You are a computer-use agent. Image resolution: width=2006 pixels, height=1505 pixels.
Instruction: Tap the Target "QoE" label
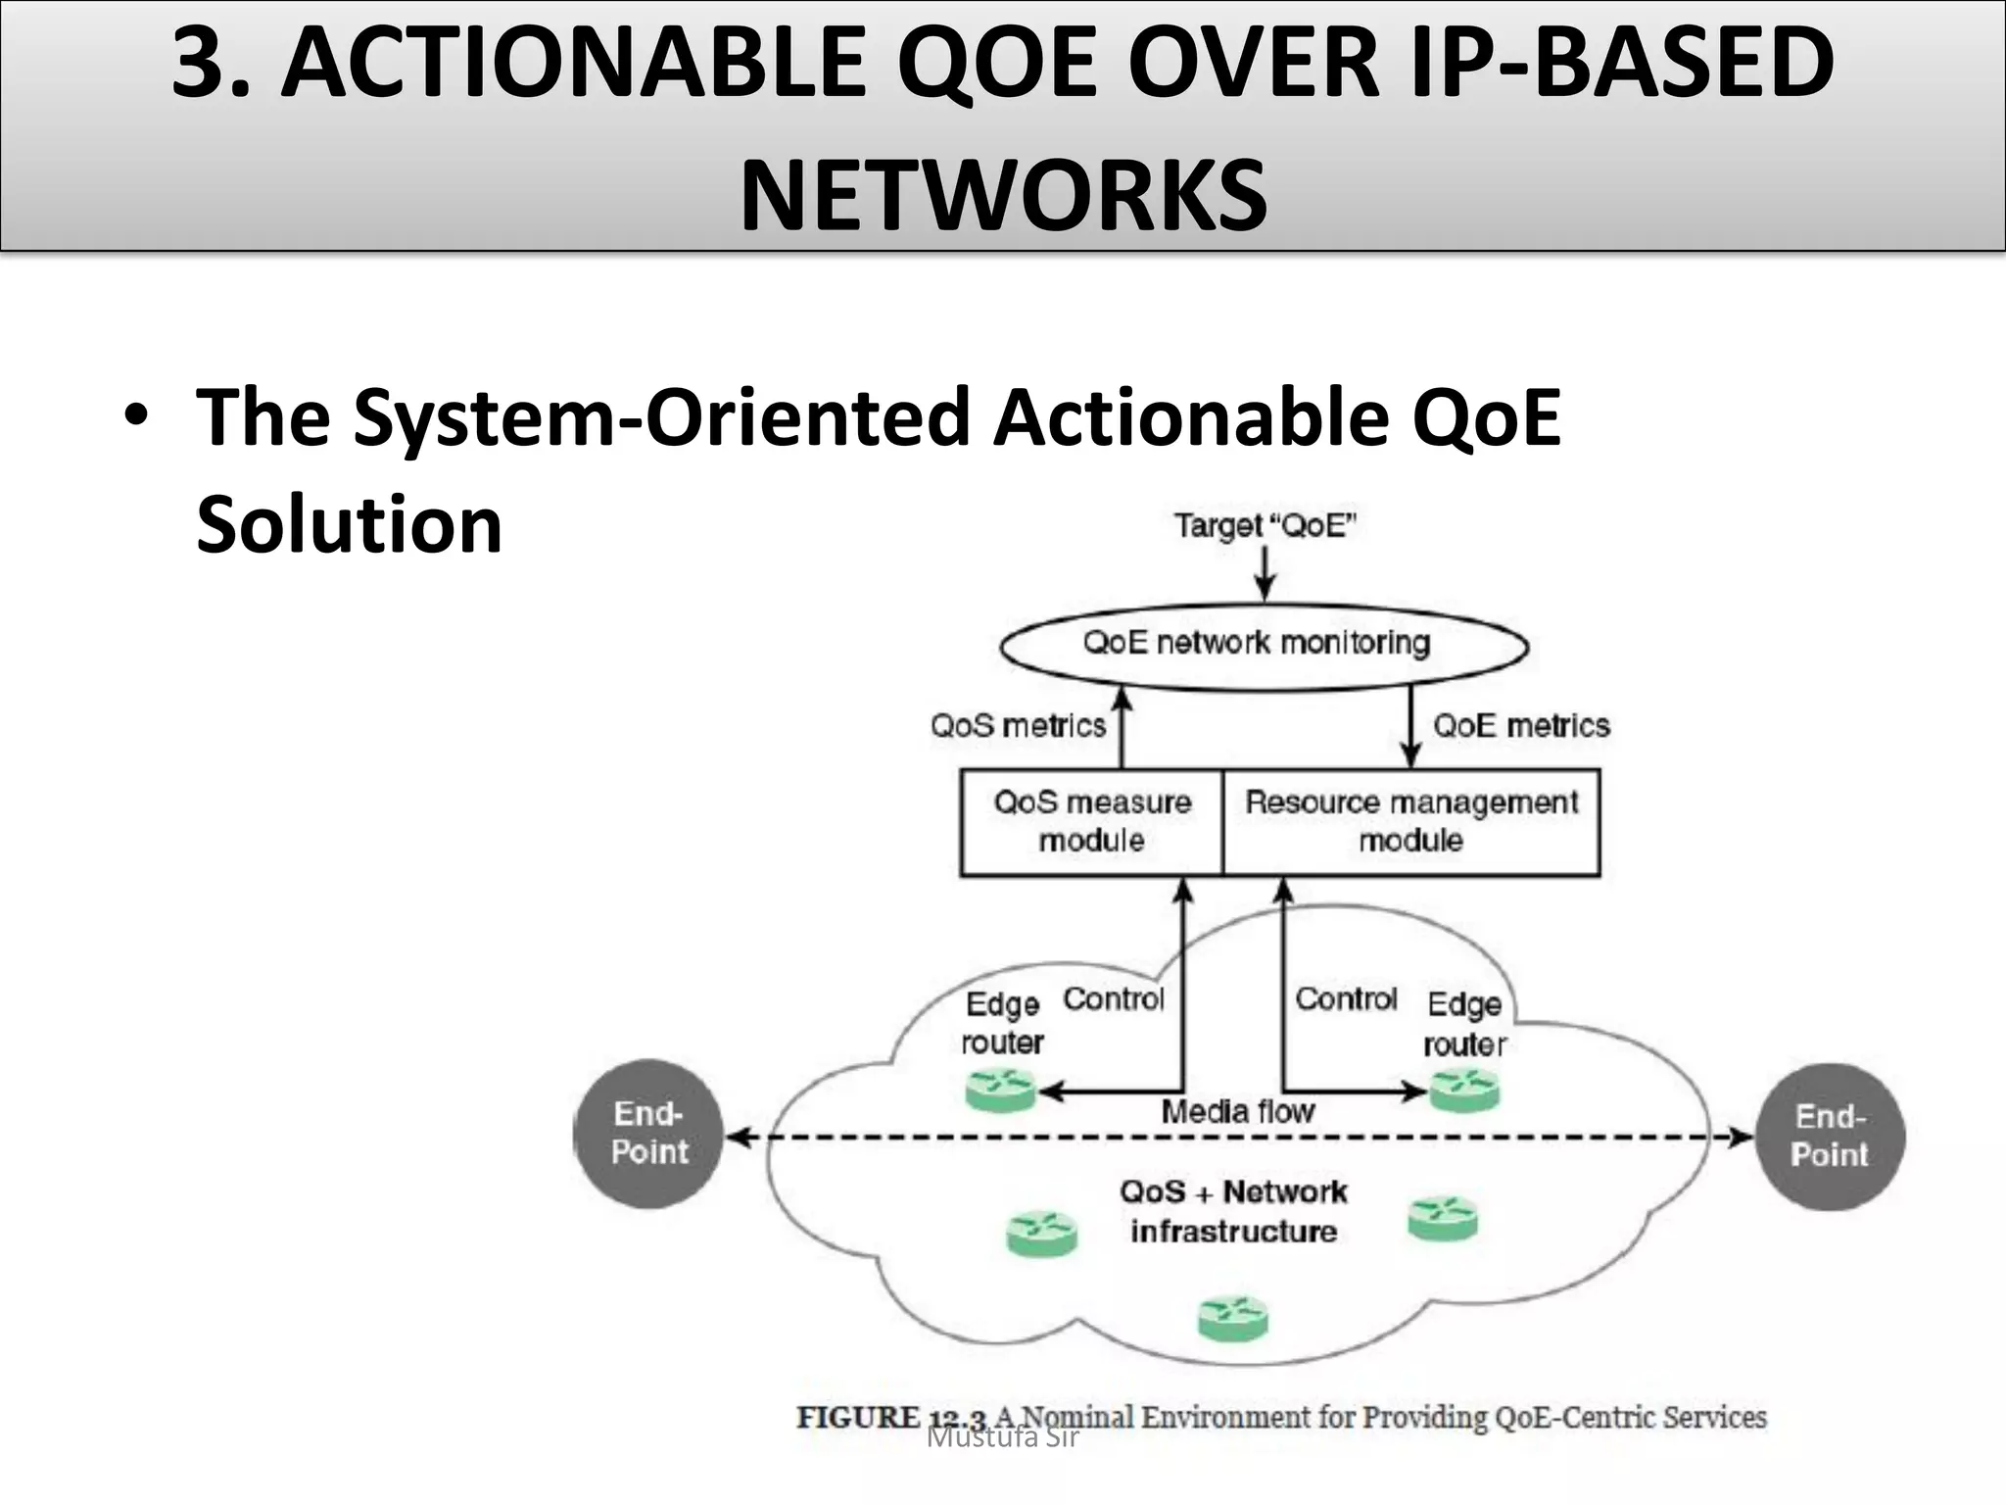point(1265,526)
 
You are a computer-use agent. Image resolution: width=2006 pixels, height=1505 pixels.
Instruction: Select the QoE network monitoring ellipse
point(1263,646)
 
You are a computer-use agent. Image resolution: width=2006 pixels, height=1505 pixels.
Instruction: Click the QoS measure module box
point(1092,822)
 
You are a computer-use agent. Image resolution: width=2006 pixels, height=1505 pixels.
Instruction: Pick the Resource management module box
point(1410,822)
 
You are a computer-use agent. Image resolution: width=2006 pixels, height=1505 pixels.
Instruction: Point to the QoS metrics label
point(1018,726)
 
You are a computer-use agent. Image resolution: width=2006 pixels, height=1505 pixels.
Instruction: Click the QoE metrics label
point(1521,726)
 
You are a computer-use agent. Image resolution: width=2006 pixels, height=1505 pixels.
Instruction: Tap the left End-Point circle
point(648,1134)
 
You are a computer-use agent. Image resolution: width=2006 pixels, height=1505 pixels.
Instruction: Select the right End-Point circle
point(1830,1136)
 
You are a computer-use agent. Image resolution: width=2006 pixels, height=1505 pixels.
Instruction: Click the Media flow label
point(1237,1112)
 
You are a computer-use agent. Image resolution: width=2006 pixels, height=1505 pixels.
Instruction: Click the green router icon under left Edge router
point(1000,1090)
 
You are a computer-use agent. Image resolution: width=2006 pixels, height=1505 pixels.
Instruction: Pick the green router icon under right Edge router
point(1464,1090)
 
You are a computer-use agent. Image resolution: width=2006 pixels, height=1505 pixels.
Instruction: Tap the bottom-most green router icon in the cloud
point(1233,1319)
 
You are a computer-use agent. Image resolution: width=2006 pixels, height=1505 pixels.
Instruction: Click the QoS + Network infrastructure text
point(1233,1212)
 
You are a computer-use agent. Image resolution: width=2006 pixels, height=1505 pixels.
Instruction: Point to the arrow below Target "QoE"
point(1265,574)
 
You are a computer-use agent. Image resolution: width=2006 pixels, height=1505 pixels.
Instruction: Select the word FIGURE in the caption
point(858,1418)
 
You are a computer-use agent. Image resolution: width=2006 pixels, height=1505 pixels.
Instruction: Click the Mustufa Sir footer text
point(1002,1439)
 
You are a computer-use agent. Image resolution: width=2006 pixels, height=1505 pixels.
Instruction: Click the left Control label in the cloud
point(1113,999)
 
